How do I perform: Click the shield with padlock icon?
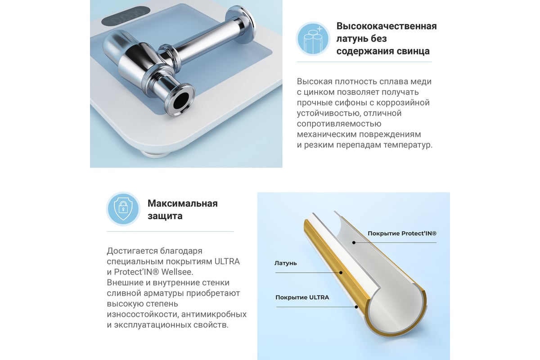click(123, 209)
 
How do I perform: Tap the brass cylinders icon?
click(313, 39)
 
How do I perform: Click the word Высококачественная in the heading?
click(387, 26)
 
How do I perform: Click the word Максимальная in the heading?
click(183, 203)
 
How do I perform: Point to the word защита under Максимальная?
click(165, 216)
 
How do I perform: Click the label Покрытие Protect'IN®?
click(402, 234)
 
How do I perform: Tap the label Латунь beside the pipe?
click(285, 263)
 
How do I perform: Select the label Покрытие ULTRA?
click(302, 297)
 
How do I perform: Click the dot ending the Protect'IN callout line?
click(354, 243)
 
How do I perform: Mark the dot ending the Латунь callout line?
click(341, 273)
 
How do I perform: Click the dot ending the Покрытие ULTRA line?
click(356, 307)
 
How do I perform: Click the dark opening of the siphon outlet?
click(181, 100)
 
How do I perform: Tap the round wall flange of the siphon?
click(240, 25)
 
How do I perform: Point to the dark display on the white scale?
click(126, 16)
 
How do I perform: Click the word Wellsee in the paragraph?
click(177, 272)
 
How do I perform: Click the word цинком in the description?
click(318, 92)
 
